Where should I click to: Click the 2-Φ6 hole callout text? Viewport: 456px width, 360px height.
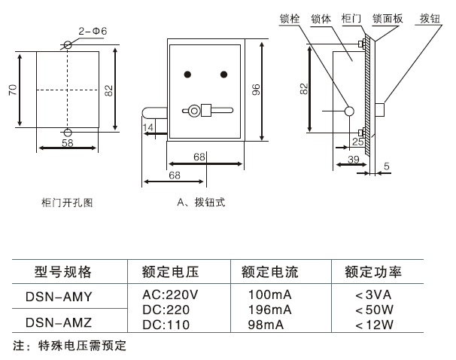point(93,32)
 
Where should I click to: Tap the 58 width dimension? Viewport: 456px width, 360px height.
point(67,143)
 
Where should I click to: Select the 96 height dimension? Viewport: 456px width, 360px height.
point(256,90)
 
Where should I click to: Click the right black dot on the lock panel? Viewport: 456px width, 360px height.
point(223,74)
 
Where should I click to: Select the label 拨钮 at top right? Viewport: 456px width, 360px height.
point(430,18)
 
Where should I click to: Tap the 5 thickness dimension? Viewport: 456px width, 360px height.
point(386,166)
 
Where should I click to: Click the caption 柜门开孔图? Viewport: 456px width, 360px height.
point(67,202)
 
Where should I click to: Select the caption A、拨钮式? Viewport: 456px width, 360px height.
point(201,202)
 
